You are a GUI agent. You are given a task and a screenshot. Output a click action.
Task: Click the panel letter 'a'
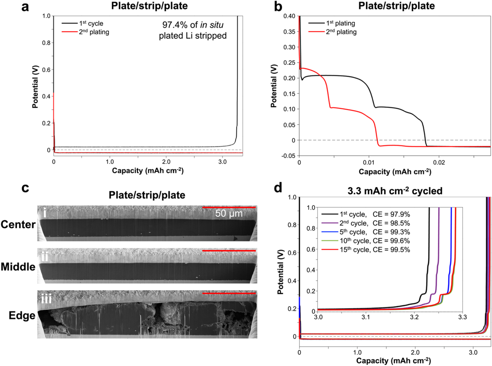(x=25, y=7)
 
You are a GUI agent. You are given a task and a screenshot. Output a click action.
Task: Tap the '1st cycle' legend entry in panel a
(x=91, y=24)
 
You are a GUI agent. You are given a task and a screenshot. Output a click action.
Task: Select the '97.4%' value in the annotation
(x=175, y=25)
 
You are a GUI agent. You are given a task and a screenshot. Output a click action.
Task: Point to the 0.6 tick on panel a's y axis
(x=46, y=70)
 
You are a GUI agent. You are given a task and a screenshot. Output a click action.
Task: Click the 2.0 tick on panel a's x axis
(x=166, y=162)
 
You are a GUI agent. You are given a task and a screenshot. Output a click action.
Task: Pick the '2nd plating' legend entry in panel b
(x=341, y=32)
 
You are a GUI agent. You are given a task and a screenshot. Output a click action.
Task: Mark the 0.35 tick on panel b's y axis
(x=289, y=32)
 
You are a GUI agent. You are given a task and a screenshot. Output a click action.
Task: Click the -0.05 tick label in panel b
(x=288, y=156)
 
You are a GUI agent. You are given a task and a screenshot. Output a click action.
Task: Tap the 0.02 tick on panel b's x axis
(x=439, y=162)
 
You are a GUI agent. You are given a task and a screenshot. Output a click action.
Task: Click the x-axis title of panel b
(x=395, y=172)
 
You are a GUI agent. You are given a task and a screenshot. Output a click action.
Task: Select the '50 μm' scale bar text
(x=229, y=214)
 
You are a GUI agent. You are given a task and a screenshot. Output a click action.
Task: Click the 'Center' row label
(x=18, y=224)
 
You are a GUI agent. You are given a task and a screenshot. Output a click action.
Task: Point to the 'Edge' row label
(x=22, y=315)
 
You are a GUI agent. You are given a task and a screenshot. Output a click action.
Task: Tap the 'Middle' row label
(x=18, y=267)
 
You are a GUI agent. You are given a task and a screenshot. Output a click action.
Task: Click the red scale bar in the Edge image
(x=229, y=293)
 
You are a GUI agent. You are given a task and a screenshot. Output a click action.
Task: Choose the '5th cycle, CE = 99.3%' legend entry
(x=375, y=232)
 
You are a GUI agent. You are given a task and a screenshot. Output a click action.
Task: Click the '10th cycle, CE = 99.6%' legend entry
(x=375, y=241)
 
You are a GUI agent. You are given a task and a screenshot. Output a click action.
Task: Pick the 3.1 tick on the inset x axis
(x=366, y=317)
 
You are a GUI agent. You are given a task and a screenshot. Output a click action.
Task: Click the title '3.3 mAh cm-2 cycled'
(x=395, y=191)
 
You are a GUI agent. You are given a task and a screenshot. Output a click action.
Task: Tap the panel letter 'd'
(x=278, y=188)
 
